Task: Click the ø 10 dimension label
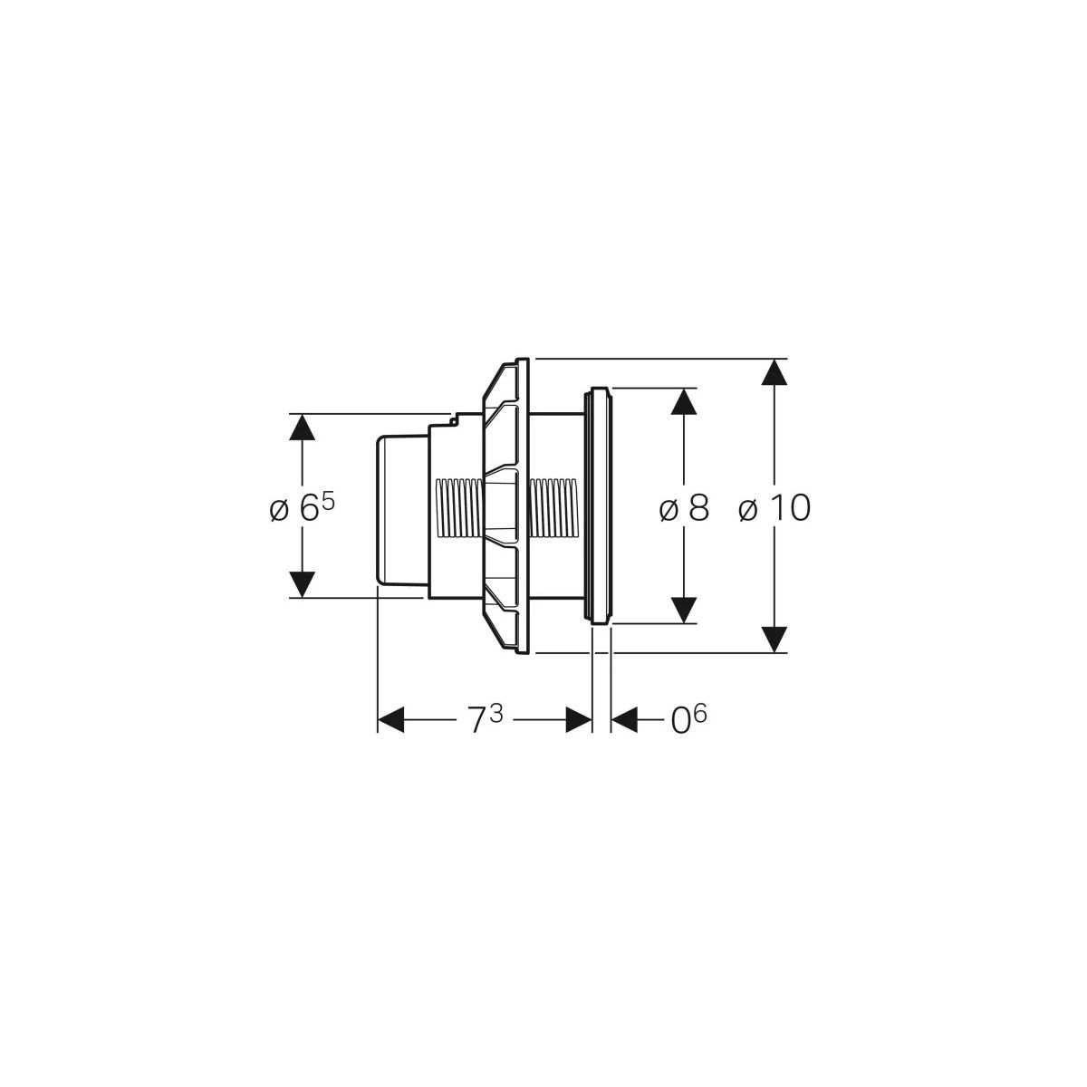[x=774, y=507]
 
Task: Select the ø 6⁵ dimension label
[x=303, y=507]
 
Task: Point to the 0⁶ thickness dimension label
[x=688, y=718]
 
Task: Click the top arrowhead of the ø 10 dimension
[x=774, y=371]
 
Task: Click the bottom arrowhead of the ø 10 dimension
[x=774, y=640]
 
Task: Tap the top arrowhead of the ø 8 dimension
[x=684, y=401]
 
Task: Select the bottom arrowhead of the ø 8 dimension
[x=684, y=611]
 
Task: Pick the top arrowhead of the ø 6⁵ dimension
[x=303, y=427]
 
